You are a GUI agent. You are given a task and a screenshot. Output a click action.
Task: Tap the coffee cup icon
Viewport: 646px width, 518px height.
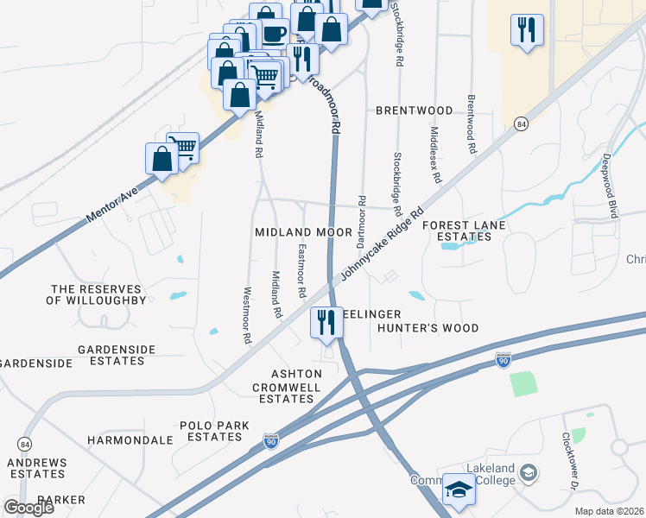[275, 35]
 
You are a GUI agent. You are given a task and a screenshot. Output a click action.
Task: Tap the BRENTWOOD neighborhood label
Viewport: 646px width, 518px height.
[414, 111]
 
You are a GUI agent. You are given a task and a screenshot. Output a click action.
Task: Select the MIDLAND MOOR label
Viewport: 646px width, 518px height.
[303, 232]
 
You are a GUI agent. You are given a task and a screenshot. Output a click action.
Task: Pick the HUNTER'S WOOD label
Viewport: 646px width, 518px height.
[427, 328]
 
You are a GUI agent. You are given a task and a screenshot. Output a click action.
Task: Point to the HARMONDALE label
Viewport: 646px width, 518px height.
[130, 440]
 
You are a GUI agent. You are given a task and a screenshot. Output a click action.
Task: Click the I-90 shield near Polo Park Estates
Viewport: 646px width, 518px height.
[271, 441]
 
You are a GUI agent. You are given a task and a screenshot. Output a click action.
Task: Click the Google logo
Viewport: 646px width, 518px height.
[28, 508]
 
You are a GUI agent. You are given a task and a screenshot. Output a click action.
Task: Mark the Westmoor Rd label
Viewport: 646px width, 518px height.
[247, 316]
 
